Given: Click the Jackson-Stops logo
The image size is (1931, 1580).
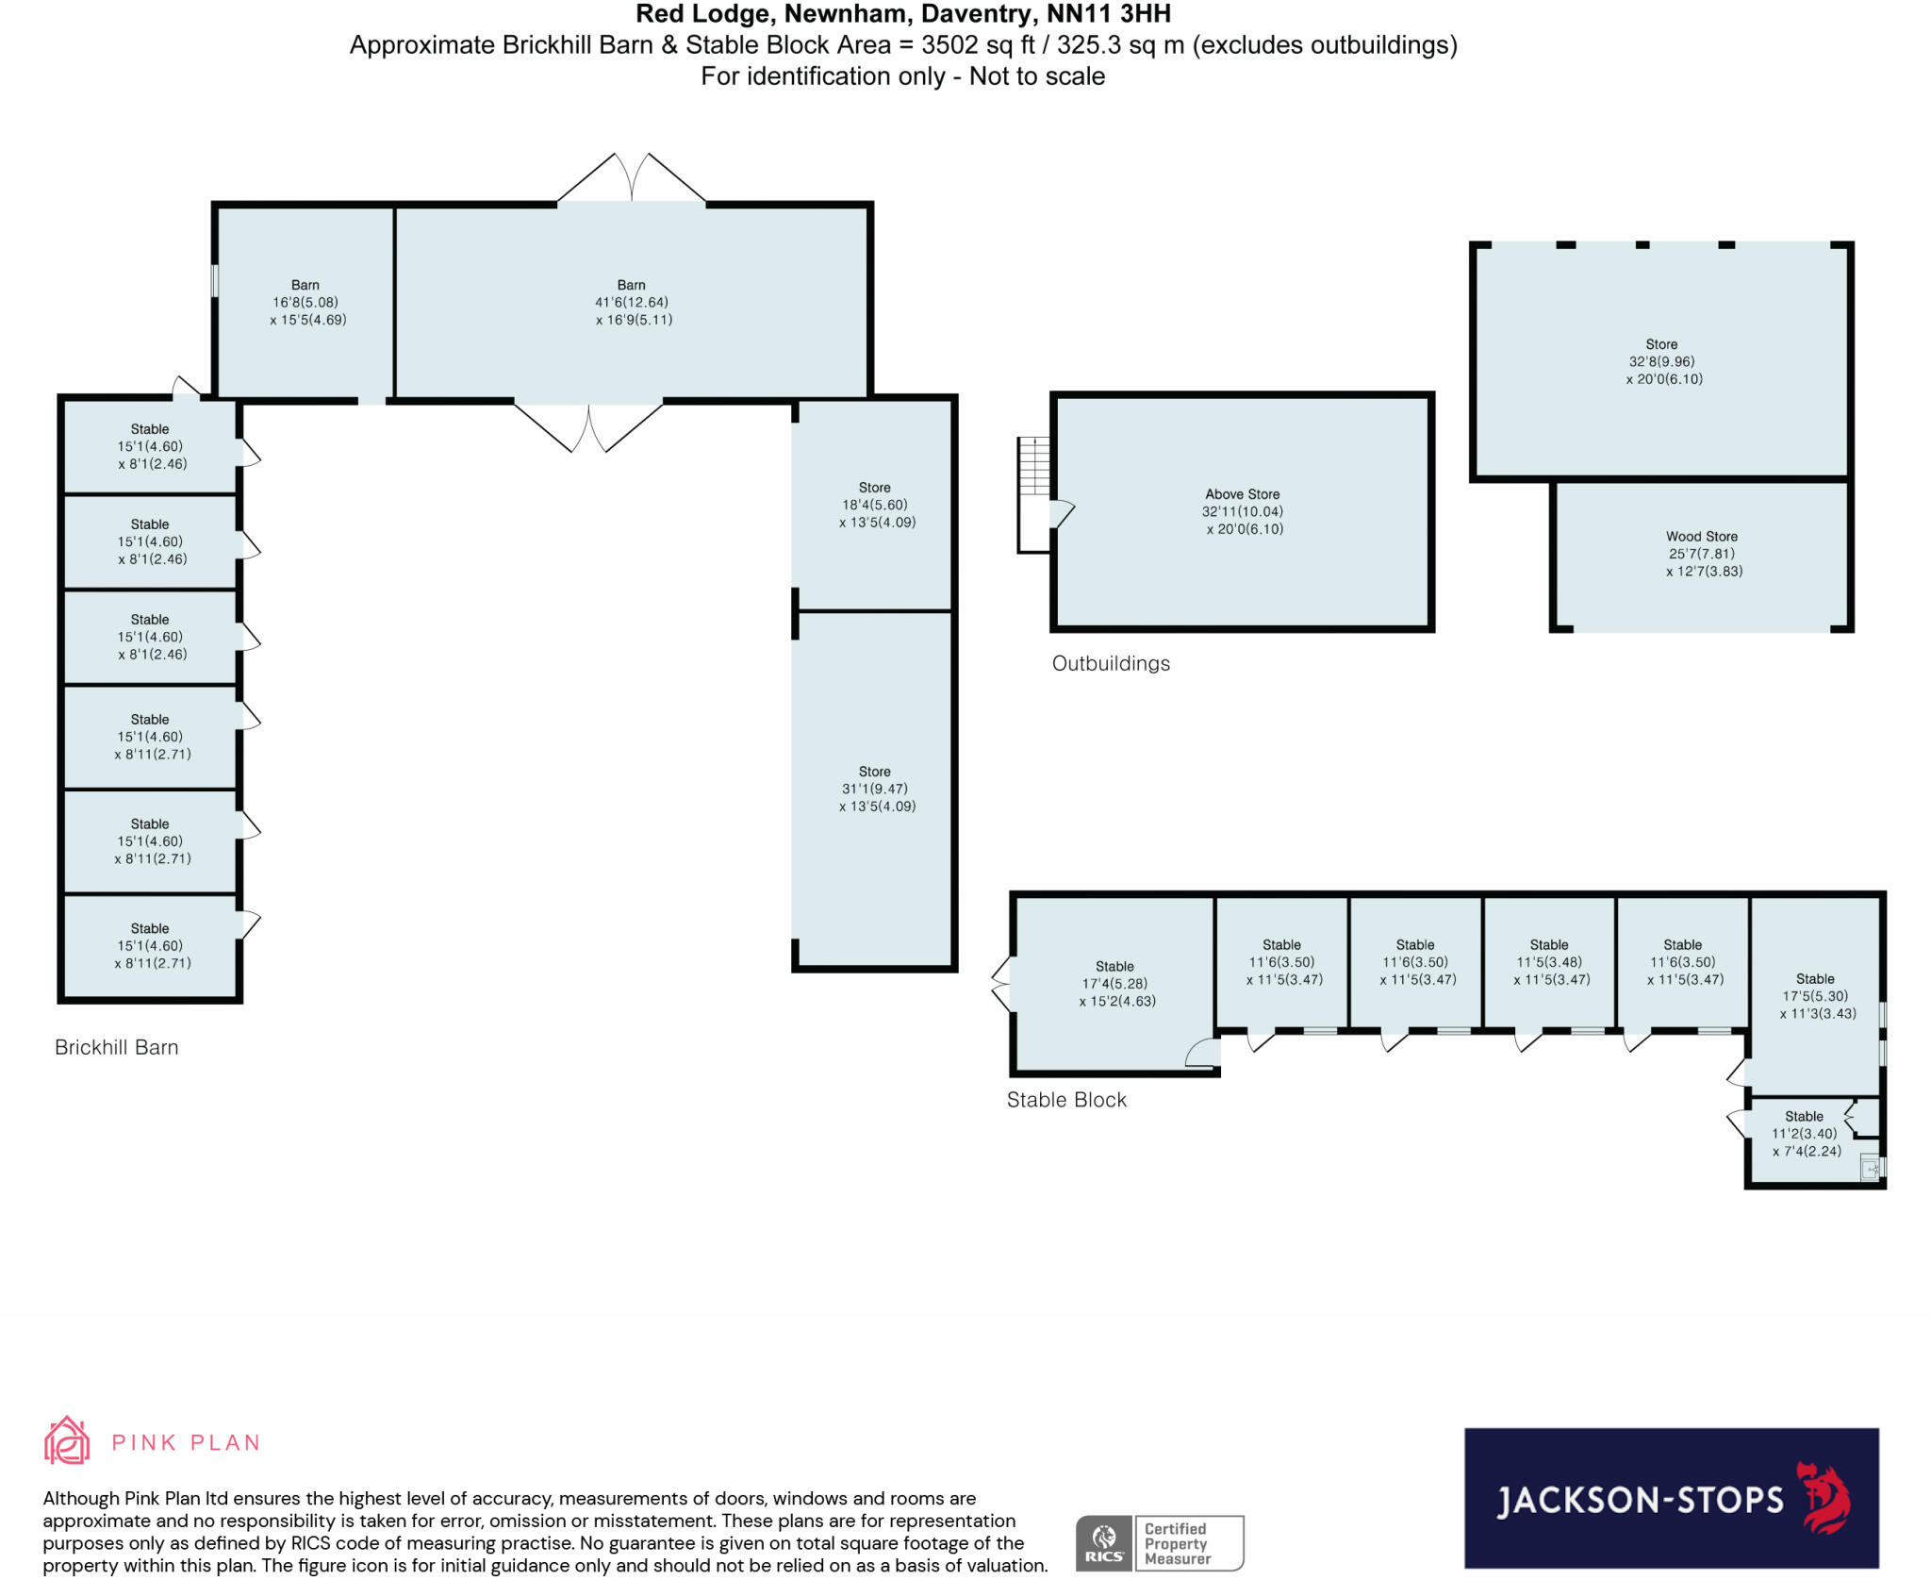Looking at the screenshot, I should pos(1671,1498).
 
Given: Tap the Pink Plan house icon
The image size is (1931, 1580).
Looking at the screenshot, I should pos(67,1440).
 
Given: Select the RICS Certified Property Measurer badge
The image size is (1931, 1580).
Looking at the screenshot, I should pos(1160,1543).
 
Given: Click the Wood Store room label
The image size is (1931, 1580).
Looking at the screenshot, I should pos(1702,553).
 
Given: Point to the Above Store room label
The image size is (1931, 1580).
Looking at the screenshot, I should pos(1243,511).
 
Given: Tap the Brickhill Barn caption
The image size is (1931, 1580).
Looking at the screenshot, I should pos(116,1047).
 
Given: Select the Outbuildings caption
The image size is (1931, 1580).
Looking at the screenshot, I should pos(1111,663).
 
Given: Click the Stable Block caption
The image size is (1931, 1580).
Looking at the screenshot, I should pos(1066,1100).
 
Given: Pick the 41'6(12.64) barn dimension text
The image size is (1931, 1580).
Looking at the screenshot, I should pos(632,303).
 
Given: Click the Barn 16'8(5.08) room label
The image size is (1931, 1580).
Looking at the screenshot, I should pos(305,302).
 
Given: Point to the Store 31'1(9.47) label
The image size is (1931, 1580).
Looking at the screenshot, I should pos(875,789).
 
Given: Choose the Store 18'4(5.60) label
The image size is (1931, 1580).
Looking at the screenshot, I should pos(875,505).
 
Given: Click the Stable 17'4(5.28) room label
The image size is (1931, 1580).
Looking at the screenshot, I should pos(1114,984).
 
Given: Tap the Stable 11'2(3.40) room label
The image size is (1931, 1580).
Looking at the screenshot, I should pos(1804,1133).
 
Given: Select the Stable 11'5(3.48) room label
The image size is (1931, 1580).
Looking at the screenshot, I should pos(1549,962).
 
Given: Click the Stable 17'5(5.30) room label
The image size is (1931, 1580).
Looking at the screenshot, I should pos(1815,996).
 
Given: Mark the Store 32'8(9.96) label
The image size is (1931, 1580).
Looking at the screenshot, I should pos(1661,361).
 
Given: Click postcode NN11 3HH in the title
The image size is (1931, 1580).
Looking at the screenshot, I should pos(1109,14).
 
